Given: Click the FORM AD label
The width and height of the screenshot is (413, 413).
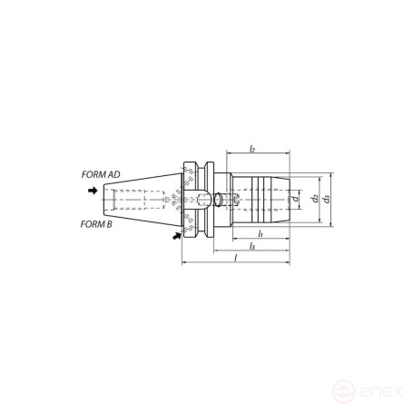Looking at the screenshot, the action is pos(101,174).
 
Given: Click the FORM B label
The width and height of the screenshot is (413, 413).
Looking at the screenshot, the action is pos(96,224).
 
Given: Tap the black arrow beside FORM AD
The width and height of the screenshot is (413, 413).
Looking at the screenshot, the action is pos(93,191).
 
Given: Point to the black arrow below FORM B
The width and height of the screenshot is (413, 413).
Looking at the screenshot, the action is pos(176,236).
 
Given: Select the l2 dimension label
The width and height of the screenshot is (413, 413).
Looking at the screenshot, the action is pos(252,149).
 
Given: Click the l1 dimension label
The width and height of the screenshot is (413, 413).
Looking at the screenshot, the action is pos(261,233).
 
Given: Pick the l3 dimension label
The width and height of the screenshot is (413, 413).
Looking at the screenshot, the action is pos(252,246).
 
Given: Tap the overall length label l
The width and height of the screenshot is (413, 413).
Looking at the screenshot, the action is pos(236,258).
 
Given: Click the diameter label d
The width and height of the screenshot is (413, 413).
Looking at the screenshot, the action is pos(295,199).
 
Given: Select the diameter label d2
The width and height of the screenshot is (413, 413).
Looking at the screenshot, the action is pos(316,199).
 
